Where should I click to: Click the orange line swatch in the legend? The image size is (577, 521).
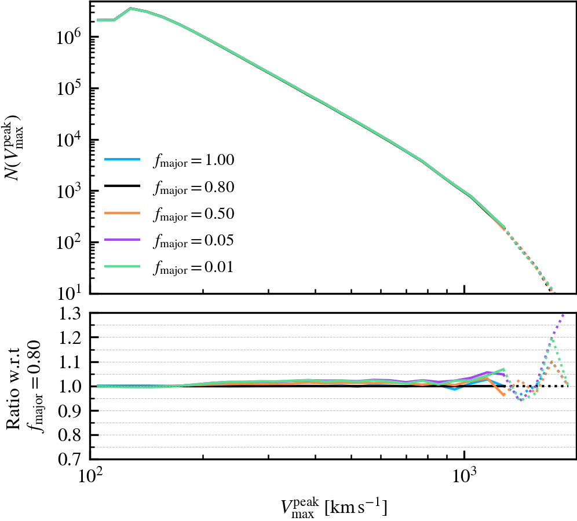coord(122,214)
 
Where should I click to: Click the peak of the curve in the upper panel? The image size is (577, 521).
coord(131,9)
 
